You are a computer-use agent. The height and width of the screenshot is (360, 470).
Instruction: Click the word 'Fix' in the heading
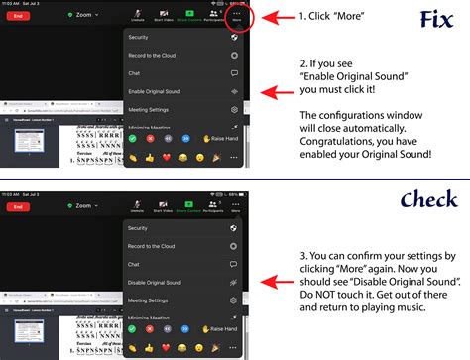[x=436, y=19]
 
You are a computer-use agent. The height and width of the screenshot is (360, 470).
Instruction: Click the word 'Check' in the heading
[x=414, y=201]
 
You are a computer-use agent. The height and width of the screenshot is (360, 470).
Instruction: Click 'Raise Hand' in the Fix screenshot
[x=220, y=139]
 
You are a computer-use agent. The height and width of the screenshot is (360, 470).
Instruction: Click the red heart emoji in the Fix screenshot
[x=167, y=156]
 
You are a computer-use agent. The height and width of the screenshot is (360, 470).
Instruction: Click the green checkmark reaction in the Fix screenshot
[x=132, y=139]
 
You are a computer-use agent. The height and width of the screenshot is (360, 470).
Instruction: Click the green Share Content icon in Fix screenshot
[x=188, y=13]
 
